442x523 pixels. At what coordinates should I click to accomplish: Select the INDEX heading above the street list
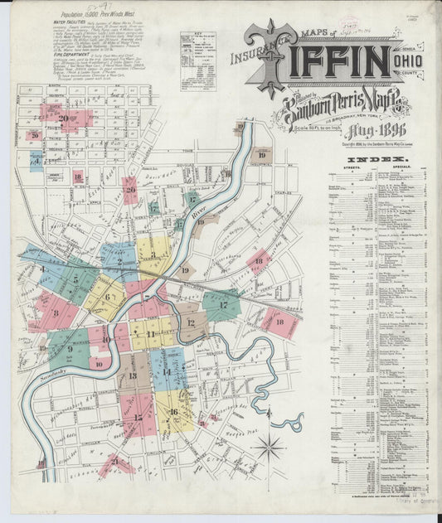[x=370, y=159]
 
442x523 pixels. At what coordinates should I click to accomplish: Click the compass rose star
[x=269, y=449]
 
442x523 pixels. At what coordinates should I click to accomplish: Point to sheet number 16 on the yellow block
[x=173, y=412]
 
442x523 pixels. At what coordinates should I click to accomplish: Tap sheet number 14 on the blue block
[x=166, y=372]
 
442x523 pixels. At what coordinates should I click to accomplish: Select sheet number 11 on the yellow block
[x=150, y=335]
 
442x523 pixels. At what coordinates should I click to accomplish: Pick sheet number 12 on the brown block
[x=191, y=322]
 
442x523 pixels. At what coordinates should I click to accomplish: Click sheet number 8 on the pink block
[x=56, y=313]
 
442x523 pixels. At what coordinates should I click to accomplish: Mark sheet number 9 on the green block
[x=70, y=349]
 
